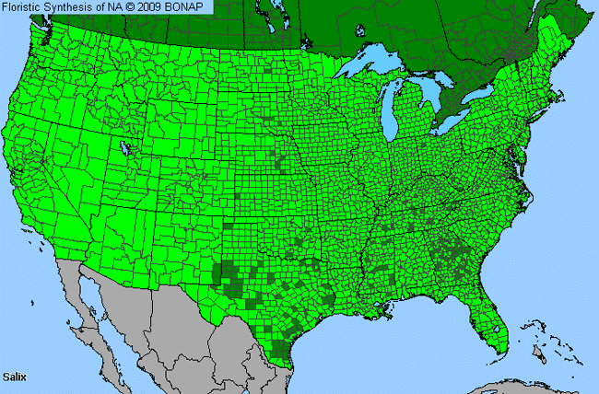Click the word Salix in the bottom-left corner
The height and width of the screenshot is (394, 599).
17,377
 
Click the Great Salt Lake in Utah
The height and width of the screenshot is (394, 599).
123,146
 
